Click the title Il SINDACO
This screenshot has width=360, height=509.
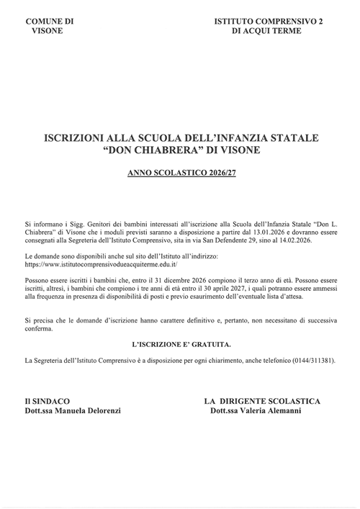[47, 400]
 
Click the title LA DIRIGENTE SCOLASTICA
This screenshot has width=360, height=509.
[262, 400]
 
